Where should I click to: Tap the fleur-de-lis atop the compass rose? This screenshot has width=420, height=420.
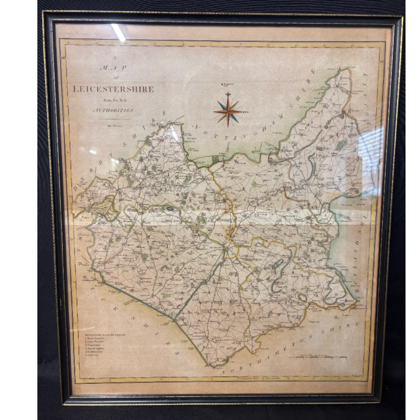coord(228,94)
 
